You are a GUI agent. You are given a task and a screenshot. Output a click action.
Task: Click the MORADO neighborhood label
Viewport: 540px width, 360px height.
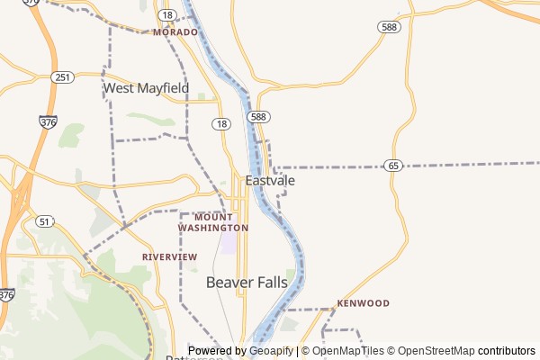coord(175,31)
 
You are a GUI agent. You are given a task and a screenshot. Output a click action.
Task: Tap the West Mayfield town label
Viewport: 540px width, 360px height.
coord(146,88)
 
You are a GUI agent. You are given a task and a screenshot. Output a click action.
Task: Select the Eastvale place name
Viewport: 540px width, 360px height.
coord(270,180)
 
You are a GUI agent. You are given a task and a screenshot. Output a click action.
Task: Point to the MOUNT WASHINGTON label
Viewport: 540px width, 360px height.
coord(214,222)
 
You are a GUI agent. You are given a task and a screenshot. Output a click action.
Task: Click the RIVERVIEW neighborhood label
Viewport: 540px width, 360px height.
coord(169,256)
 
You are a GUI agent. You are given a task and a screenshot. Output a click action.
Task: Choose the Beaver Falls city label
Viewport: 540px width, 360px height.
coord(247,283)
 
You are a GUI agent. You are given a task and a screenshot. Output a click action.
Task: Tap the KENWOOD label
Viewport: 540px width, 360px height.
coord(363,303)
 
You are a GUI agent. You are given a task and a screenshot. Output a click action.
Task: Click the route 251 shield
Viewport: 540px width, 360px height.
coord(62,77)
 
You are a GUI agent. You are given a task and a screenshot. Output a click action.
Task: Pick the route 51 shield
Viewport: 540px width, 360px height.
coord(45,221)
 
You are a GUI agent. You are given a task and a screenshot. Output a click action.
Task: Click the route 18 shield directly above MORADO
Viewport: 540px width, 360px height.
coord(166,15)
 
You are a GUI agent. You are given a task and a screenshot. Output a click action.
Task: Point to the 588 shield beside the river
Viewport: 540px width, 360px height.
coord(259,117)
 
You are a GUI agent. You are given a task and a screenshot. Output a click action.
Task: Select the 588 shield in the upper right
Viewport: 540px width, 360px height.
coord(389,28)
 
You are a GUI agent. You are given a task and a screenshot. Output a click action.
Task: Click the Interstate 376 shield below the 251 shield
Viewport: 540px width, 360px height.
coord(46,120)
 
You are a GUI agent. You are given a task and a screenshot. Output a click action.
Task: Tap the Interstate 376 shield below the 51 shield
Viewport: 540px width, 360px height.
coord(7,294)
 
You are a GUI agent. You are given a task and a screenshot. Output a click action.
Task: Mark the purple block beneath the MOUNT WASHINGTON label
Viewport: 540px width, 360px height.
coord(229,243)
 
